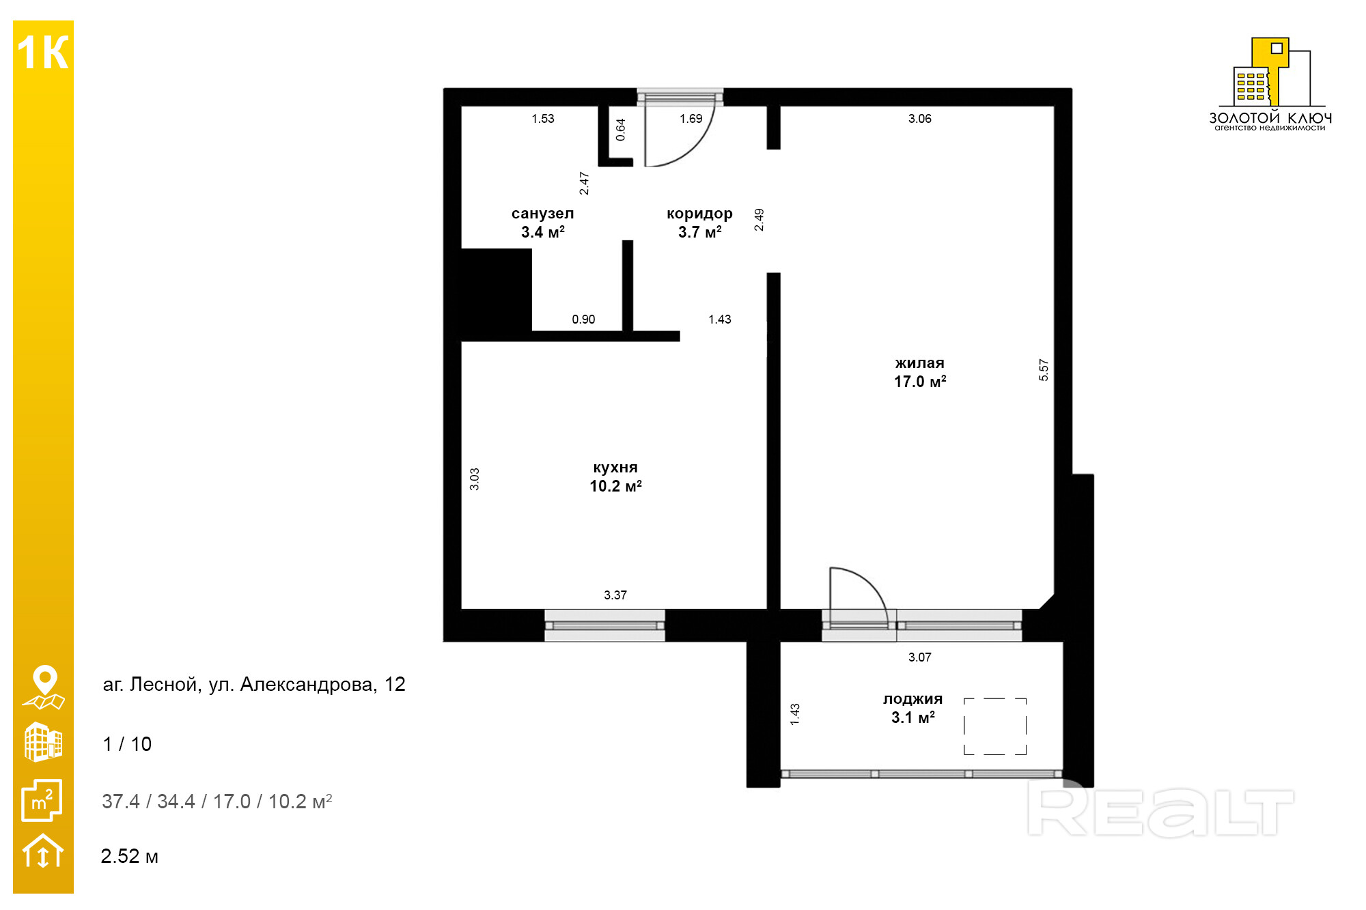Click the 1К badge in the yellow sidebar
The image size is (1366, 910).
pos(43,53)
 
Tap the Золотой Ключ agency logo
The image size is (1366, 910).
pos(1270,84)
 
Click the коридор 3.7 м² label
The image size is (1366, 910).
pos(699,223)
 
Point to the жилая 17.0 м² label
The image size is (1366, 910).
pos(920,372)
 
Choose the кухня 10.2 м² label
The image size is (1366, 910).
pos(615,477)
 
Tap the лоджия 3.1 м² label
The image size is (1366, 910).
pos(912,708)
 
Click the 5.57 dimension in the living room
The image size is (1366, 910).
pos(1044,370)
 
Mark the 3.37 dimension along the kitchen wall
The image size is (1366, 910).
pos(615,595)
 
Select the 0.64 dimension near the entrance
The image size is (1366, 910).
pos(621,130)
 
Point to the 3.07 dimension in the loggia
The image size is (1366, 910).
pos(920,657)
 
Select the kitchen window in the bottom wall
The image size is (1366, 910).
pos(604,625)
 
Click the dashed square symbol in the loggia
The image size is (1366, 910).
pos(995,726)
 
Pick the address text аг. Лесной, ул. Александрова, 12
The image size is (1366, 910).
pos(254,684)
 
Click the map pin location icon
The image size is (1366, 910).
pos(44,687)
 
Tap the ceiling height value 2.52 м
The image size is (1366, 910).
pos(130,856)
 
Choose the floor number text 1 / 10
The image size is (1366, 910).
pos(127,744)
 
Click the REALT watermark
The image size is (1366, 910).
pos(1161,811)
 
